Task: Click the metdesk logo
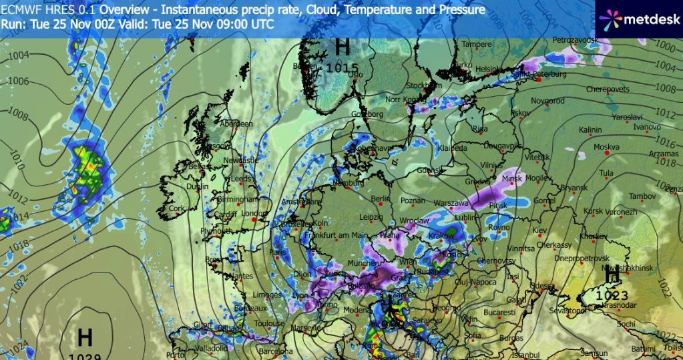tap(640, 19)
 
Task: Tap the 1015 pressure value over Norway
tap(343, 67)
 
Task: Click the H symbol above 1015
tap(343, 47)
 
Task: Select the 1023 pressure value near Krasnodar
tap(612, 295)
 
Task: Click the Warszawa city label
tap(452, 202)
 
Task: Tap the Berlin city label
tap(379, 198)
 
